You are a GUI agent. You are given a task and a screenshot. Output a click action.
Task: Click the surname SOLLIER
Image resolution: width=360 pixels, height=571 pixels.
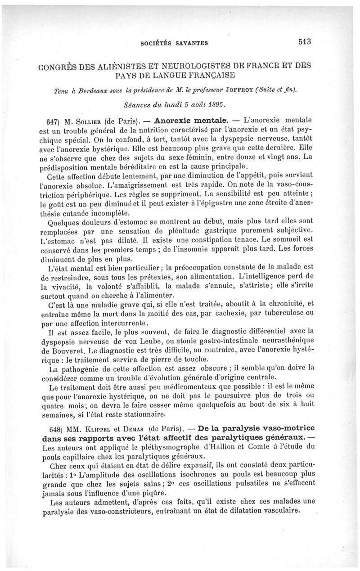[86, 121]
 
